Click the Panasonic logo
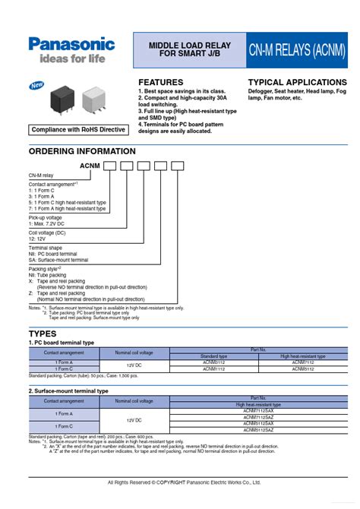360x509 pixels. [x=71, y=44]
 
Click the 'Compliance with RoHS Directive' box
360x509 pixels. [x=78, y=129]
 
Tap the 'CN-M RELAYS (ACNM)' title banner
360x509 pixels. [x=297, y=51]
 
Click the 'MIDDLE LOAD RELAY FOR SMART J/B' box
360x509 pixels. [x=188, y=51]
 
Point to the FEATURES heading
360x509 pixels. [x=160, y=82]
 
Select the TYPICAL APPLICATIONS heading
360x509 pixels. [x=297, y=82]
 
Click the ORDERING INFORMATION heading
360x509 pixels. [x=71, y=151]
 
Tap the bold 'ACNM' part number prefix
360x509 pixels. [x=90, y=166]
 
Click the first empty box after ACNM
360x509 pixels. [x=109, y=166]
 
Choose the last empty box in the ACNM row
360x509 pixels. [x=177, y=166]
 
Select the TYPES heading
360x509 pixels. [x=43, y=334]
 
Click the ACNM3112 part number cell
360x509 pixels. [x=213, y=362]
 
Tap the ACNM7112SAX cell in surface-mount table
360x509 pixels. [x=258, y=412]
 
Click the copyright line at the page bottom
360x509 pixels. [x=184, y=482]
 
